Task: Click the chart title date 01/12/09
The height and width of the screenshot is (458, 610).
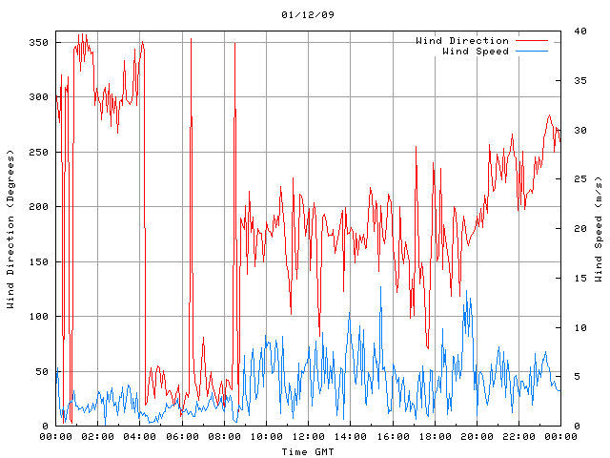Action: click(308, 15)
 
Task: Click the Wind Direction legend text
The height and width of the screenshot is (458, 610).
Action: click(462, 41)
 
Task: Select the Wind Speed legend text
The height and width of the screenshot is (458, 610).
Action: click(476, 51)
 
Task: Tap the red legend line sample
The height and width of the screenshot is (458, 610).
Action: click(532, 41)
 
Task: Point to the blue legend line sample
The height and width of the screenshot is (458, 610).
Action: click(532, 51)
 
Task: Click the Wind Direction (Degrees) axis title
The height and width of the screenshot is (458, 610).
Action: click(10, 229)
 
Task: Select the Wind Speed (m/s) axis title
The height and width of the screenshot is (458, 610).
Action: click(599, 229)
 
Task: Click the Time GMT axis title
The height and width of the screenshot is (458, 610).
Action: click(308, 450)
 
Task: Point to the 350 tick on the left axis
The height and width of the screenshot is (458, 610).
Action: click(38, 42)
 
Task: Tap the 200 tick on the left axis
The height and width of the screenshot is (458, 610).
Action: click(38, 207)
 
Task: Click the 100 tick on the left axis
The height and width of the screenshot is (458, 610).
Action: click(38, 317)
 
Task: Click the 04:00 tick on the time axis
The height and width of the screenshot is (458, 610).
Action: click(140, 436)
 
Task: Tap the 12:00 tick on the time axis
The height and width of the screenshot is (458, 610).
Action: click(308, 436)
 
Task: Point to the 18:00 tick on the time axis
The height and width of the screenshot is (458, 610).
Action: click(435, 436)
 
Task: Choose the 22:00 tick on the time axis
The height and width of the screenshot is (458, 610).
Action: click(518, 436)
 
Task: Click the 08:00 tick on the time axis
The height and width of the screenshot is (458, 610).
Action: click(224, 436)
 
